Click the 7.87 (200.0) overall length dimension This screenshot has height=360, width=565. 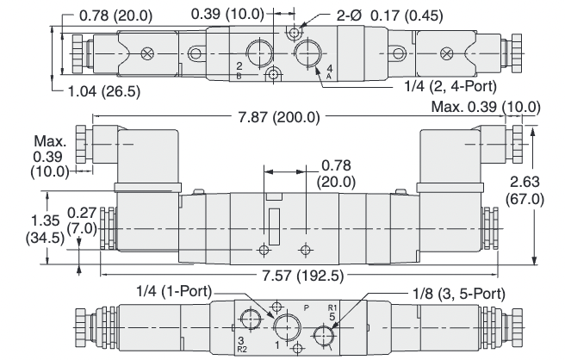(x=282, y=117)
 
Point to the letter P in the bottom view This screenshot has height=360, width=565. (x=306, y=305)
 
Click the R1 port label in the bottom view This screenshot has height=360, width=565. (x=332, y=307)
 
